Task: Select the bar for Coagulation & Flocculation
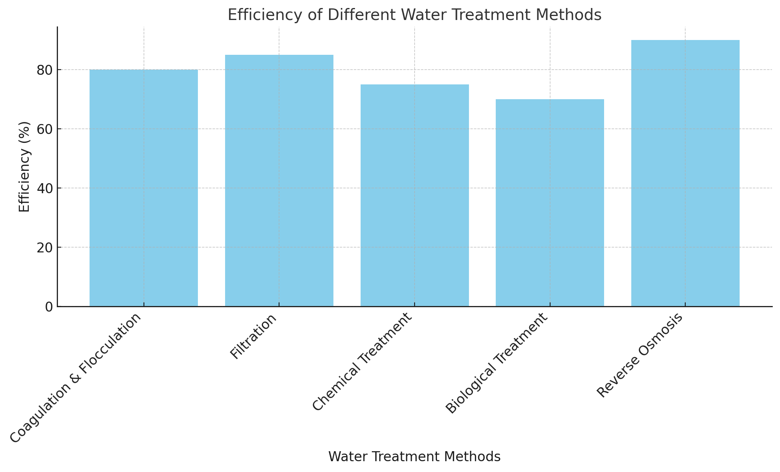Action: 144,188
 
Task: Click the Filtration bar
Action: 279,180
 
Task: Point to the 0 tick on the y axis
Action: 49,307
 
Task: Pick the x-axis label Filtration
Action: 253,336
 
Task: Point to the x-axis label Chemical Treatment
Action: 361,362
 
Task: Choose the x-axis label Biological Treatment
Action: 496,363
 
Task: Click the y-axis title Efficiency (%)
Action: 24,166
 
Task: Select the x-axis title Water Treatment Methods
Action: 414,457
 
